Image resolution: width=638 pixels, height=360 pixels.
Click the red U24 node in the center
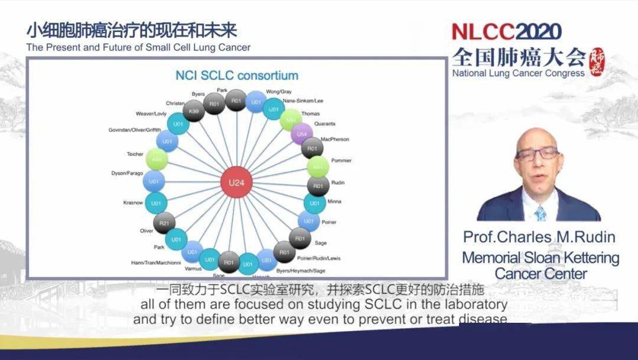click(236, 182)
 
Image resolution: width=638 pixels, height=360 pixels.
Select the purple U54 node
click(302, 135)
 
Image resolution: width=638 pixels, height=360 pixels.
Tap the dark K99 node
click(193, 111)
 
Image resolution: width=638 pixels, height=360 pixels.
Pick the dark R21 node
click(164, 223)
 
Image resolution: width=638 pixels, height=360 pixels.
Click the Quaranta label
click(324, 124)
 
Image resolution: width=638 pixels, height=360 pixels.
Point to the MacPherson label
click(335, 140)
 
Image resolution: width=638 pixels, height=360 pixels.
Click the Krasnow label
click(133, 202)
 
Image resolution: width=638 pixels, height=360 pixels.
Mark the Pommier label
click(343, 160)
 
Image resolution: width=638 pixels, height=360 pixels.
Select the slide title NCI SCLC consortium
click(236, 76)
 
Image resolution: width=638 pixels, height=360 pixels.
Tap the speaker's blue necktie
click(540, 213)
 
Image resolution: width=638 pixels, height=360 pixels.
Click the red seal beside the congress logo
click(597, 61)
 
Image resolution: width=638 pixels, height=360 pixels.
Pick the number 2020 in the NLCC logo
click(539, 31)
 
